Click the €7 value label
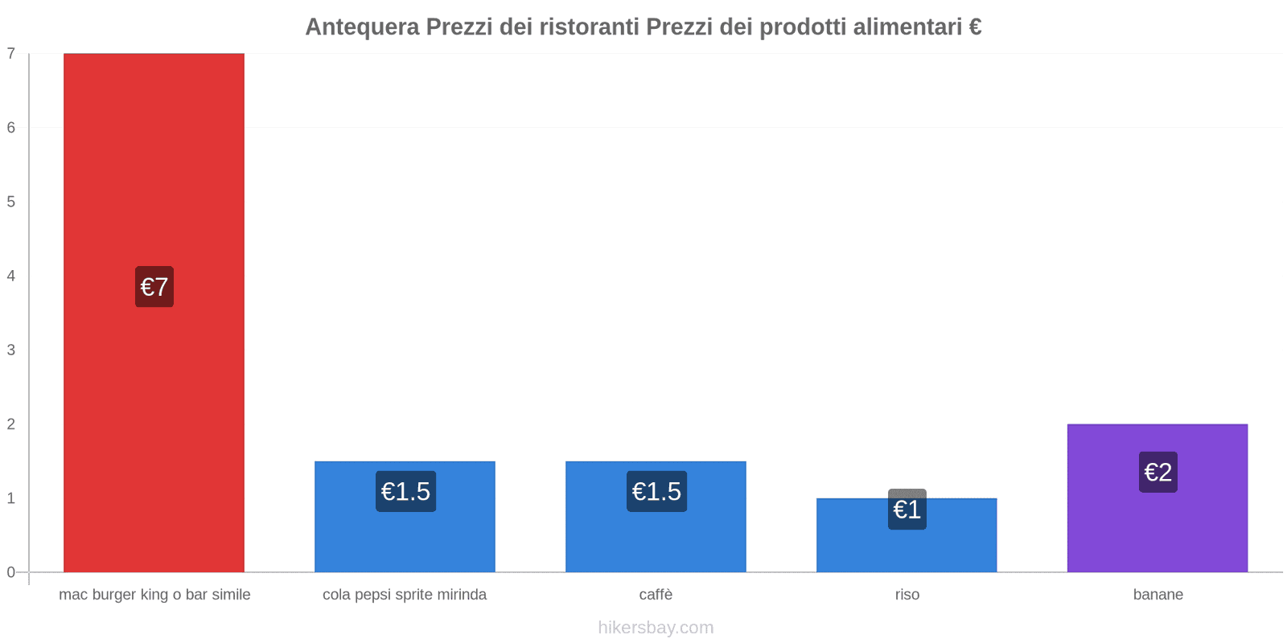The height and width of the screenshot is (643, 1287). tap(154, 287)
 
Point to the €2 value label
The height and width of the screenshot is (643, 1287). tap(1158, 472)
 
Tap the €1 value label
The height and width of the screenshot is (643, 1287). tap(907, 510)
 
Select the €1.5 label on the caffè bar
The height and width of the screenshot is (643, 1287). tap(656, 491)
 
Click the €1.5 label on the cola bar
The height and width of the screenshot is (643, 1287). tap(405, 491)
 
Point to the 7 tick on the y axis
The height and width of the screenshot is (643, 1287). tap(11, 54)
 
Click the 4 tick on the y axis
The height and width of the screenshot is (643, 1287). tap(11, 276)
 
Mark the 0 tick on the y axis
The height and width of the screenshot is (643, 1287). tap(11, 572)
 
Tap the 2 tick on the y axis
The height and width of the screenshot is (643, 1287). tap(11, 424)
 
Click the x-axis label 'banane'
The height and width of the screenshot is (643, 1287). tap(1157, 595)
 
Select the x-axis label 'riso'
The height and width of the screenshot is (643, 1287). tap(907, 595)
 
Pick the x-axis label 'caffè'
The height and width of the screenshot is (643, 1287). tap(656, 595)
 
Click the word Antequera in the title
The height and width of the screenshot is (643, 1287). tap(362, 27)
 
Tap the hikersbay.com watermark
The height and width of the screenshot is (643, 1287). tap(656, 628)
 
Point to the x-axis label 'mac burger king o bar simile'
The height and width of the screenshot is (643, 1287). tap(154, 595)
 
